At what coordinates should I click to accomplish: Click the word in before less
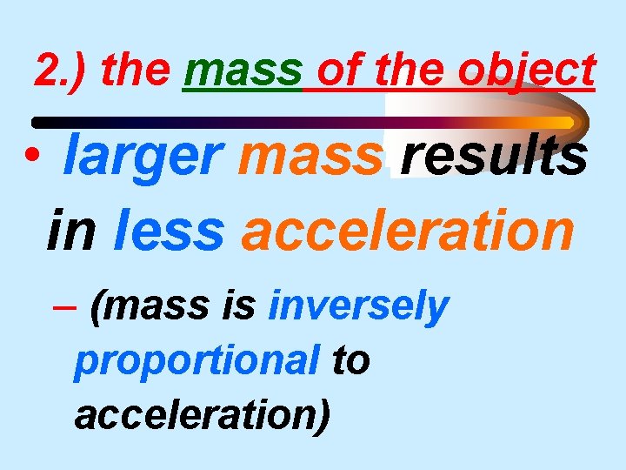click(x=72, y=230)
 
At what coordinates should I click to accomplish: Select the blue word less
click(x=169, y=230)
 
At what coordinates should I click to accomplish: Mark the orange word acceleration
click(x=408, y=230)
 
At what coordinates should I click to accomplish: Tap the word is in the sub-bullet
click(x=236, y=306)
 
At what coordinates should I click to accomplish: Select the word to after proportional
click(x=351, y=360)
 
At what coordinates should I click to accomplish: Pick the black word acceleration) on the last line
click(x=203, y=414)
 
